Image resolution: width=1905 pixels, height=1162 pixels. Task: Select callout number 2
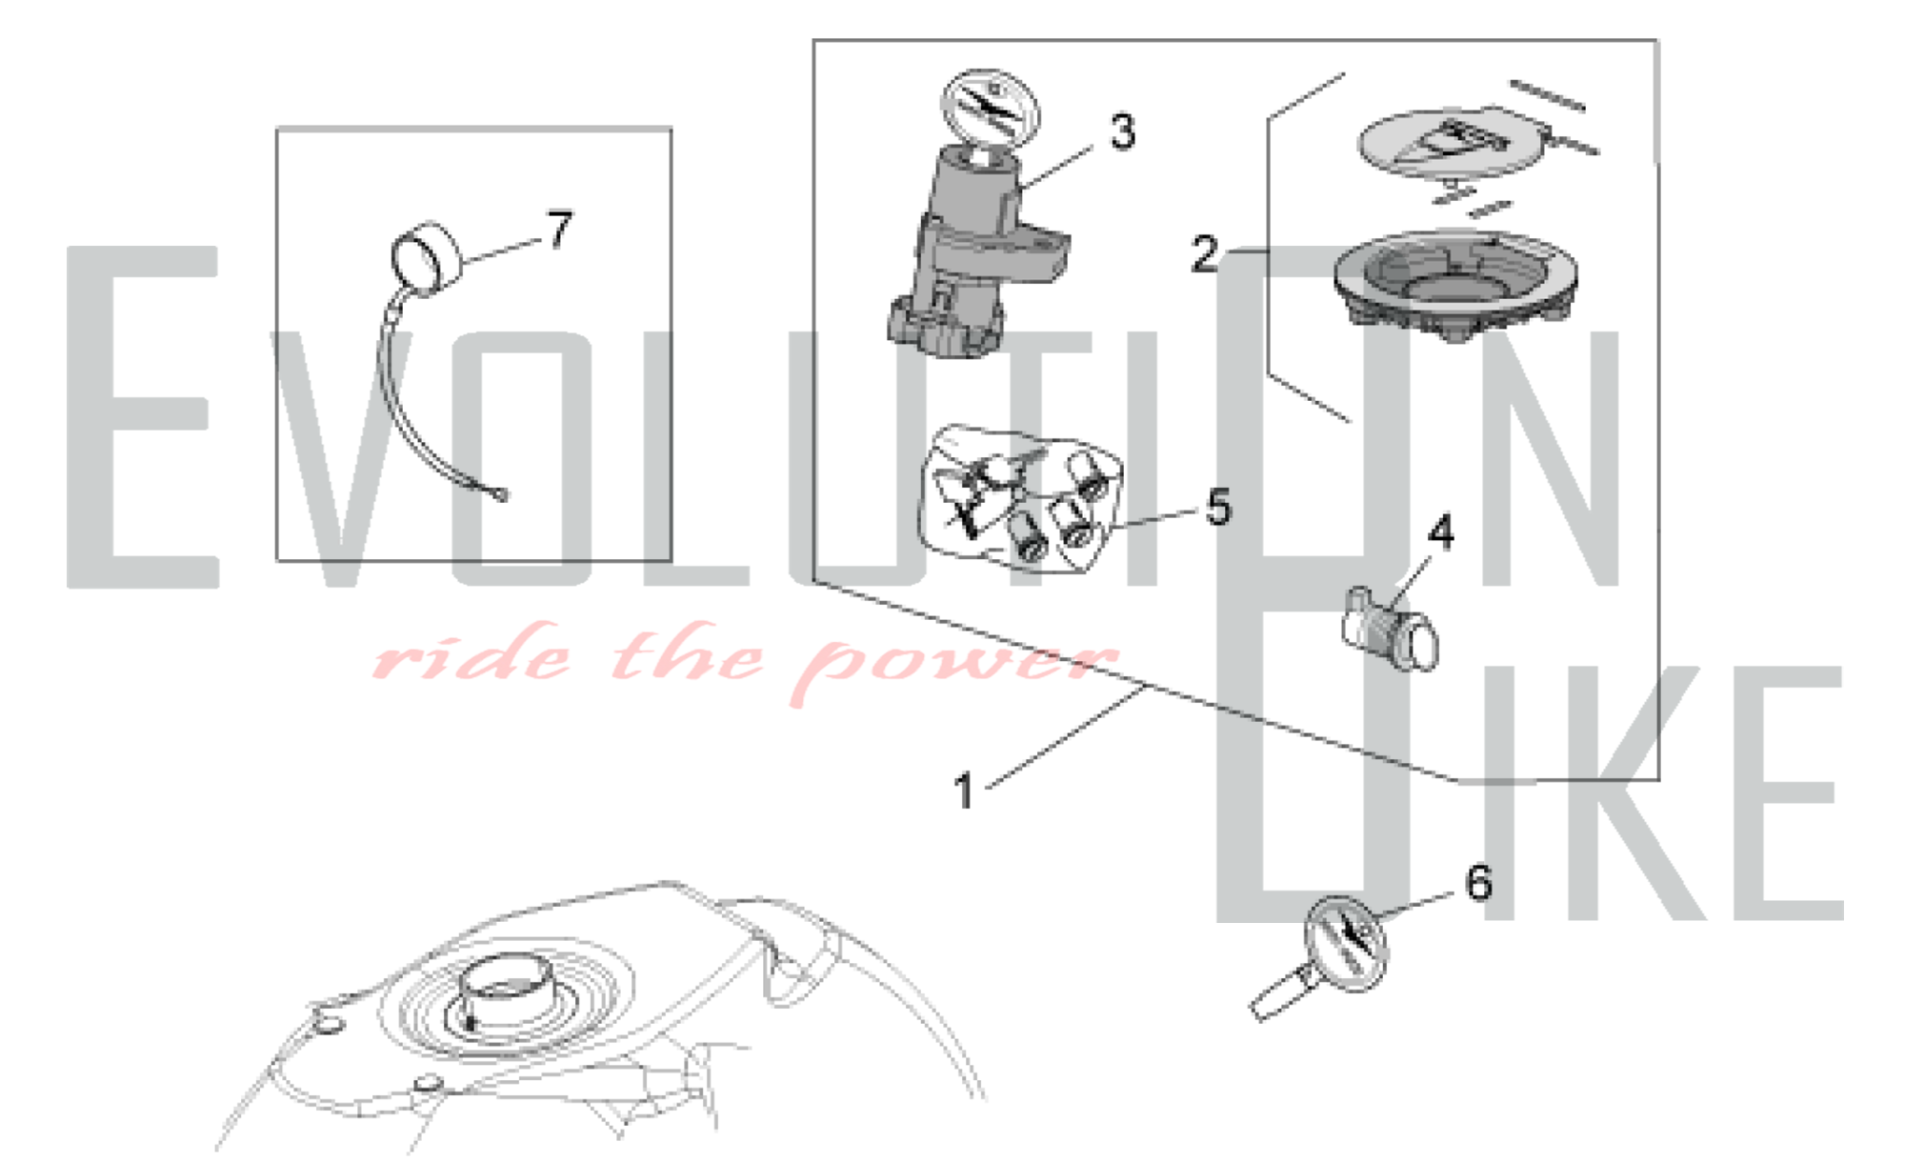pos(1205,254)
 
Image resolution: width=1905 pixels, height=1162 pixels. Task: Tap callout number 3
pos(1123,131)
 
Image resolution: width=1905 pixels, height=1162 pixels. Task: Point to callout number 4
pos(1441,533)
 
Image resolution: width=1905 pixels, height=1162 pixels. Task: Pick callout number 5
pos(1219,508)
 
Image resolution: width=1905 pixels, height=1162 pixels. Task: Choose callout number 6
pos(1478,883)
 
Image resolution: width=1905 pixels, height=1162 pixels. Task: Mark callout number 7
pos(560,230)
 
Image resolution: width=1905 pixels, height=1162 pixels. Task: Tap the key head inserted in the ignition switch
pos(990,110)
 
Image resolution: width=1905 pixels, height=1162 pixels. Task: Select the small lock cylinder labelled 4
pos(1391,630)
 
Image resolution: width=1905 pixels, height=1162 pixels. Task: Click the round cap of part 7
pos(425,256)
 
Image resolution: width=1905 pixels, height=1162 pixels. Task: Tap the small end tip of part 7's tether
pos(501,494)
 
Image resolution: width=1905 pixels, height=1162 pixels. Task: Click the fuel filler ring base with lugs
pos(1454,286)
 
